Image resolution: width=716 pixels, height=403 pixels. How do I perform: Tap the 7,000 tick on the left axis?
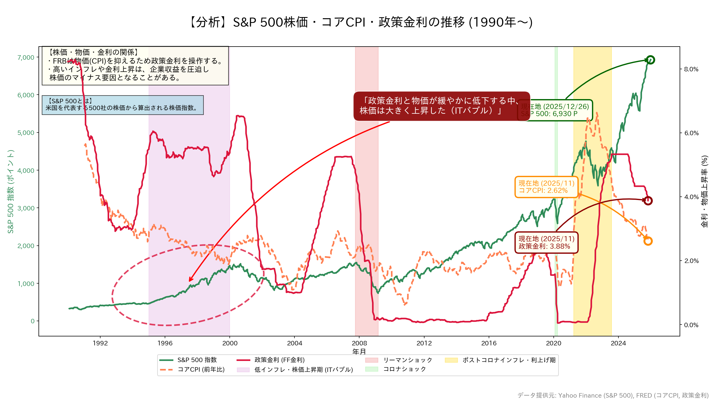pos(26,57)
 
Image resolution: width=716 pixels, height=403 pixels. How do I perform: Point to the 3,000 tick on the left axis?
pos(26,208)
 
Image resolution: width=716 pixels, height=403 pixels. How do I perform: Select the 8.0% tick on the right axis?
pos(691,69)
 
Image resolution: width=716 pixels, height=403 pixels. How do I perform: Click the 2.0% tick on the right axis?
pos(691,261)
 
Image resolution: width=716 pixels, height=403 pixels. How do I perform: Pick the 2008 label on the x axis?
pos(359,343)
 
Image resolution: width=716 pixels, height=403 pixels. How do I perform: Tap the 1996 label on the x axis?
pos(165,343)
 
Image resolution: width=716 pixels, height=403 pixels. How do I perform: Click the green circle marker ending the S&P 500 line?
pos(650,60)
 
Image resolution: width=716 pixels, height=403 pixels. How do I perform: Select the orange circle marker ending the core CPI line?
pos(648,241)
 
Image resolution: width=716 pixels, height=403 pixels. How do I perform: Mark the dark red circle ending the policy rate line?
pos(648,201)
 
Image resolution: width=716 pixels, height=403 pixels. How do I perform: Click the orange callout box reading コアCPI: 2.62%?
pos(546,187)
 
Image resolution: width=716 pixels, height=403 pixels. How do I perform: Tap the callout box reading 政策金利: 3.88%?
pos(546,242)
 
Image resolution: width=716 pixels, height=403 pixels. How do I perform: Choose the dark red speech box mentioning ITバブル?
pos(442,106)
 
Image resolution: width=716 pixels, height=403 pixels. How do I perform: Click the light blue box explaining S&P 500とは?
pos(123,105)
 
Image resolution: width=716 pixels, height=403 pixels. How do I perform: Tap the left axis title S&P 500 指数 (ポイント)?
pos(11,191)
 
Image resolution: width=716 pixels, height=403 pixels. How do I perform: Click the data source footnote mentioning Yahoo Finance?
pos(613,396)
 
